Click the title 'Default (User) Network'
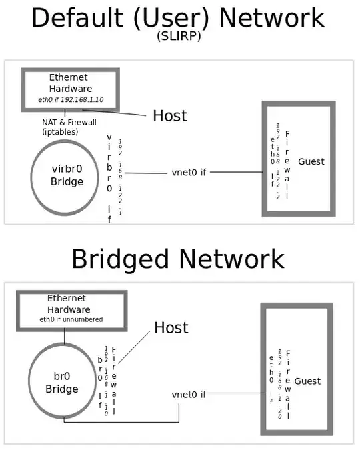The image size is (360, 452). (178, 18)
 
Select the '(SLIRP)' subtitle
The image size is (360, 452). (178, 37)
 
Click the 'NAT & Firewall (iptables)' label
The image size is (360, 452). (69, 127)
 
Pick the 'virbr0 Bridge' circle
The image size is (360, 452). (67, 176)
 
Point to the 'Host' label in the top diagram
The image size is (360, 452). (170, 115)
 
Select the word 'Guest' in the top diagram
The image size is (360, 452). (311, 161)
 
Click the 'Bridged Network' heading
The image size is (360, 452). (178, 258)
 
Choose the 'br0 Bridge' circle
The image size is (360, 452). (61, 383)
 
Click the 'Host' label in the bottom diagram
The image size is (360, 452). (171, 328)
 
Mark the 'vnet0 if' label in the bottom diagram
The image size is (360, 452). (189, 394)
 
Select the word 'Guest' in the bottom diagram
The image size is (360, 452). (307, 381)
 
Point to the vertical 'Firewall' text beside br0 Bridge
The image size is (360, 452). (114, 381)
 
